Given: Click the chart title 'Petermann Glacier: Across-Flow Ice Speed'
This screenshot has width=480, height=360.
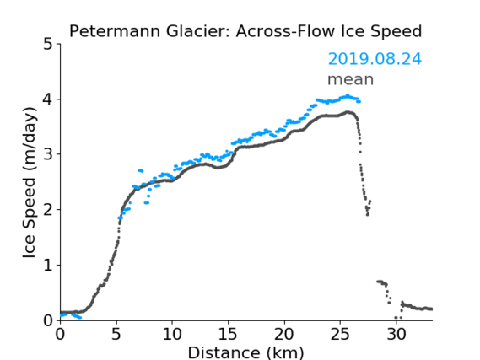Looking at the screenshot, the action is pyautogui.click(x=245, y=31).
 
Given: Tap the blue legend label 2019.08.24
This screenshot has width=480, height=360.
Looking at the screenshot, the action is pyautogui.click(x=375, y=59).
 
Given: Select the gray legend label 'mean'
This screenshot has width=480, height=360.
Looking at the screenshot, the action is pyautogui.click(x=351, y=80).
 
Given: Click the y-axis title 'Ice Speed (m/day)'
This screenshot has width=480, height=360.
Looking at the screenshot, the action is pyautogui.click(x=30, y=183).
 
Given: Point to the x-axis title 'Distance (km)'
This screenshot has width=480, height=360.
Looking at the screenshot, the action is pyautogui.click(x=245, y=352).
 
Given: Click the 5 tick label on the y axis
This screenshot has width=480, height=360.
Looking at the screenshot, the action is pyautogui.click(x=48, y=45).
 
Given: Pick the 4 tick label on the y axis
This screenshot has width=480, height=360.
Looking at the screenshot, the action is pyautogui.click(x=48, y=99).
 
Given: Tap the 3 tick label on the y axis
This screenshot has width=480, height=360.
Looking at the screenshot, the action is pyautogui.click(x=48, y=154).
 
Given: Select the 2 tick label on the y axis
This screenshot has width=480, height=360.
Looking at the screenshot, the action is pyautogui.click(x=48, y=210).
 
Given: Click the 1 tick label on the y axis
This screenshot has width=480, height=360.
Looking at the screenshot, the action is pyautogui.click(x=48, y=266).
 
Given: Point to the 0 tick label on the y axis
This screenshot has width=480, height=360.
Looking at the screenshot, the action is pyautogui.click(x=48, y=320).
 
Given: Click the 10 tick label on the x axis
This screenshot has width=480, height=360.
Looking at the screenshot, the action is pyautogui.click(x=172, y=334).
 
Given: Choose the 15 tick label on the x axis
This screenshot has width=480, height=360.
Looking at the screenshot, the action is pyautogui.click(x=228, y=334).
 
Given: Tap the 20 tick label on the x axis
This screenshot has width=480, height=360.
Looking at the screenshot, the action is pyautogui.click(x=284, y=334).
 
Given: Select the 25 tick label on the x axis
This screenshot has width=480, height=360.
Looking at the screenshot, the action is pyautogui.click(x=340, y=334).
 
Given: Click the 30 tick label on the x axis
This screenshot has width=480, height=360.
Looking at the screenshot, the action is pyautogui.click(x=396, y=334).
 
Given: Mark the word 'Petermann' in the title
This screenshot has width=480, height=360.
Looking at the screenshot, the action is pyautogui.click(x=115, y=31).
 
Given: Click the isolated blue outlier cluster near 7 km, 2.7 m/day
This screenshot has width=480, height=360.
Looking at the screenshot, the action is pyautogui.click(x=141, y=170).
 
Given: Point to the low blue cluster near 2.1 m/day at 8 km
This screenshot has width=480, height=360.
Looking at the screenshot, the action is pyautogui.click(x=147, y=203).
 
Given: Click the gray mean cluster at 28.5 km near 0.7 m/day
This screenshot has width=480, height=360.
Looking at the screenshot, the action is pyautogui.click(x=380, y=282).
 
